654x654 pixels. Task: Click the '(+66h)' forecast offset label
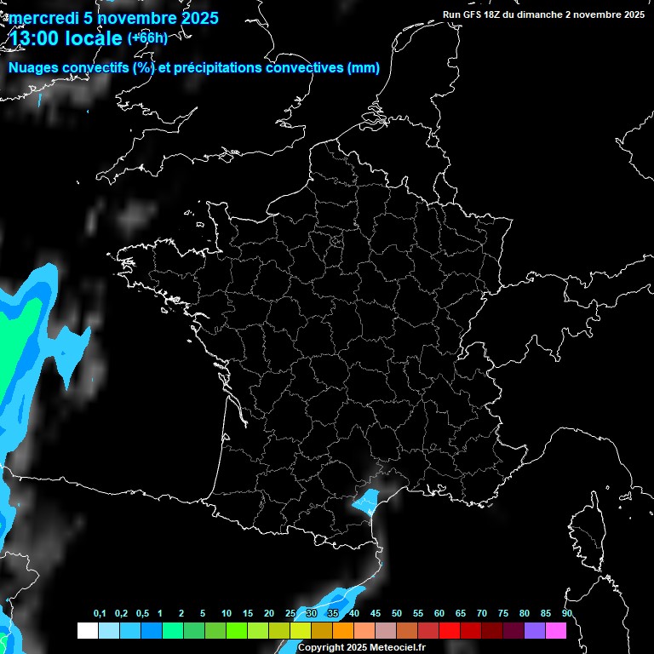pyautogui.click(x=147, y=37)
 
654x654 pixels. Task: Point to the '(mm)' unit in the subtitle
pyautogui.click(x=364, y=68)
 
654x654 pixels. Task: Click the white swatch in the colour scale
pyautogui.click(x=87, y=630)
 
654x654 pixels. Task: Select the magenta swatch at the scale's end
pyautogui.click(x=556, y=630)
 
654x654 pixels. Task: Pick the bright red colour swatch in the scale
pyautogui.click(x=450, y=630)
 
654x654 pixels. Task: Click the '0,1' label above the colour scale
pyautogui.click(x=99, y=614)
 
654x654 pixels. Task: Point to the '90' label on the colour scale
pyautogui.click(x=566, y=614)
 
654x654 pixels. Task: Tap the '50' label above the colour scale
pyautogui.click(x=397, y=614)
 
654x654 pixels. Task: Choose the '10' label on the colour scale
pyautogui.click(x=226, y=614)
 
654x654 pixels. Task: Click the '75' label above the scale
pyautogui.click(x=502, y=614)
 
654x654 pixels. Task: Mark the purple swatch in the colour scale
pyautogui.click(x=535, y=630)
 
